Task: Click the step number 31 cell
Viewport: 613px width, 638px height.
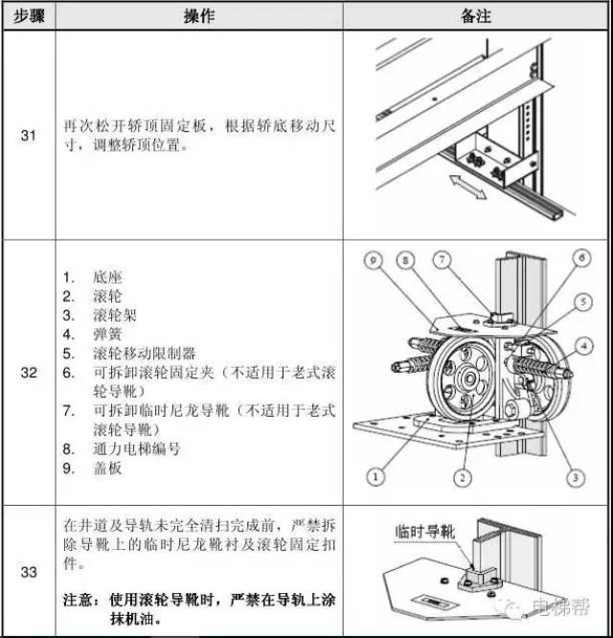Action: point(29,135)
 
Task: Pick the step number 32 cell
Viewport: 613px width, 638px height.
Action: point(29,372)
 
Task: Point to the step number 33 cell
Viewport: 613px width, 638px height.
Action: point(29,572)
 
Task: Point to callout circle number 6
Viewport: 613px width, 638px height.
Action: point(580,258)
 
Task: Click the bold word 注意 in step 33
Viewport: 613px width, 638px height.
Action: point(78,598)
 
